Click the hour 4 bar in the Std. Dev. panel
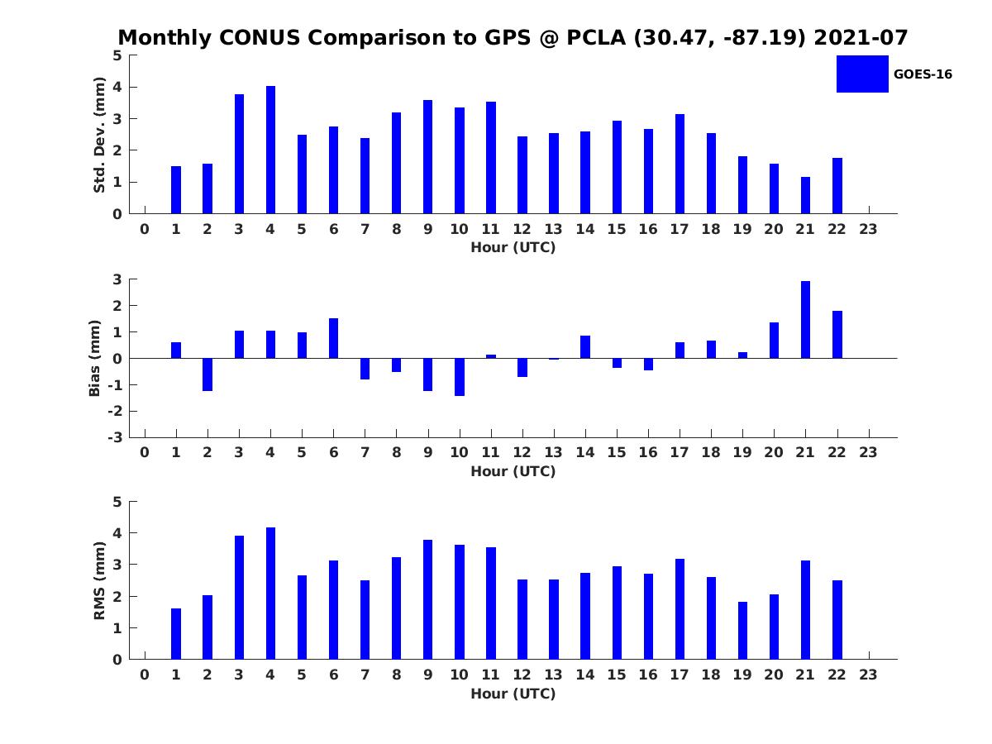click(270, 150)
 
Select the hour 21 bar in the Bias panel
click(805, 320)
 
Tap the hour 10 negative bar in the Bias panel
click(460, 377)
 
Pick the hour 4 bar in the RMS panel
click(270, 594)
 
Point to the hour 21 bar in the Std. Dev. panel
click(805, 195)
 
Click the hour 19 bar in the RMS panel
click(742, 631)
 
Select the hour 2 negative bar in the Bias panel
click(207, 374)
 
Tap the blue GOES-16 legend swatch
click(862, 74)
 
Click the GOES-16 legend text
click(923, 74)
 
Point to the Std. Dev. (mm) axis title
click(99, 135)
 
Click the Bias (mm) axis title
click(95, 358)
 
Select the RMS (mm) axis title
click(99, 581)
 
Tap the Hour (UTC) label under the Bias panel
click(513, 471)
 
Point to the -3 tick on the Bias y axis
click(117, 437)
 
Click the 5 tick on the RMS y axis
click(117, 502)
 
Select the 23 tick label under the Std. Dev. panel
click(868, 229)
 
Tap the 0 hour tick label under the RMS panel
click(145, 675)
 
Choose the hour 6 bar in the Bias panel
click(333, 338)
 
